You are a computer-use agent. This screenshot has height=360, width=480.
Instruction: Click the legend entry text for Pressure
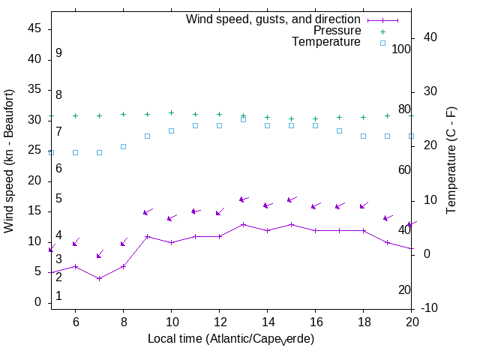pyautogui.click(x=337, y=31)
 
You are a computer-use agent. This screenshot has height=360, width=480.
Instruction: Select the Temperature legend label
pyautogui.click(x=326, y=42)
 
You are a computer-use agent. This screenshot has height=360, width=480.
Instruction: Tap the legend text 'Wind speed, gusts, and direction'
pyautogui.click(x=274, y=19)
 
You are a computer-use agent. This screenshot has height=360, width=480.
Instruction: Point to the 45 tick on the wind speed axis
pyautogui.click(x=34, y=28)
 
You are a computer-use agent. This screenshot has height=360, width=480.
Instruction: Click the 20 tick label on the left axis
pyautogui.click(x=34, y=181)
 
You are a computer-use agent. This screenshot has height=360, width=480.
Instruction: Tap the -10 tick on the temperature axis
pyautogui.click(x=432, y=308)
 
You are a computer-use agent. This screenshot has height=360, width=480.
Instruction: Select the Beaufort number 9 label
pyautogui.click(x=58, y=53)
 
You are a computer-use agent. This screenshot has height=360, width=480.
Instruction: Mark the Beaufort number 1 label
pyautogui.click(x=58, y=296)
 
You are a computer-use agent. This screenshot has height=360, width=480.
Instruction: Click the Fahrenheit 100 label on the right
pyautogui.click(x=401, y=49)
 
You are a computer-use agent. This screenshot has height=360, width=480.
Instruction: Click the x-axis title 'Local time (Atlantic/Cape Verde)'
pyautogui.click(x=231, y=339)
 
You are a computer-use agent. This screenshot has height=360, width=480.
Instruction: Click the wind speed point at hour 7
pyautogui.click(x=99, y=278)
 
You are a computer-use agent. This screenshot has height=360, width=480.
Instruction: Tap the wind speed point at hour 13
pyautogui.click(x=243, y=224)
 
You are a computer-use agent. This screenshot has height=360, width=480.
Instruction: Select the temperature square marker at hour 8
pyautogui.click(x=123, y=146)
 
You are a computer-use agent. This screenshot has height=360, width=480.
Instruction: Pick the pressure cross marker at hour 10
pyautogui.click(x=171, y=112)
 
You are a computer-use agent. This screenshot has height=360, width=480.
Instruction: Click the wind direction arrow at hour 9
pyautogui.click(x=148, y=211)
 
